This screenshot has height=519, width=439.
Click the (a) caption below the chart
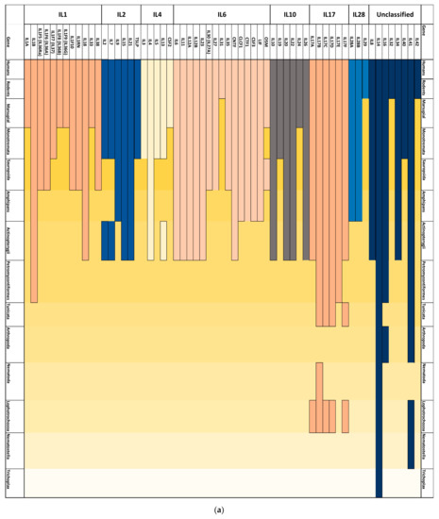[220, 510]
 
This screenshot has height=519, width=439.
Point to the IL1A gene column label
[28, 42]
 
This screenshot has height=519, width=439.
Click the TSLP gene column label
[136, 42]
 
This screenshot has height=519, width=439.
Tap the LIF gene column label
[257, 42]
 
